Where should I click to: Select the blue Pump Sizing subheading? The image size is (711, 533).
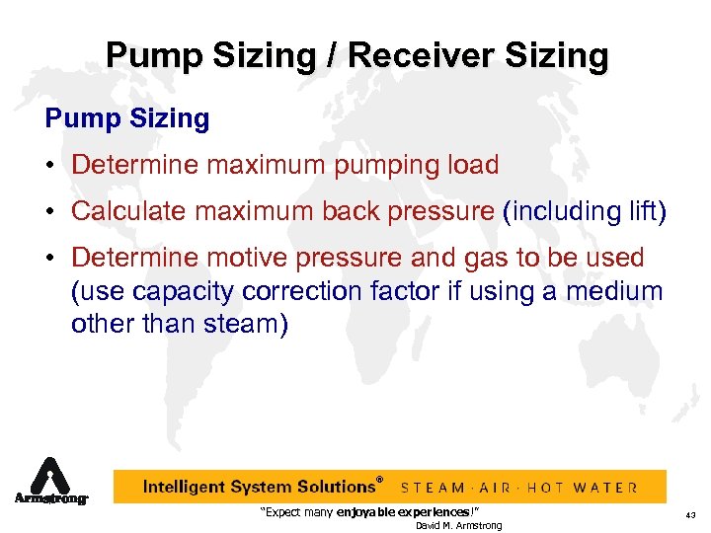tap(127, 119)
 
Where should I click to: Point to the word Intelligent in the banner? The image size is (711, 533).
tap(187, 487)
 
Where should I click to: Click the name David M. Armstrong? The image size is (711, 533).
tap(458, 525)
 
